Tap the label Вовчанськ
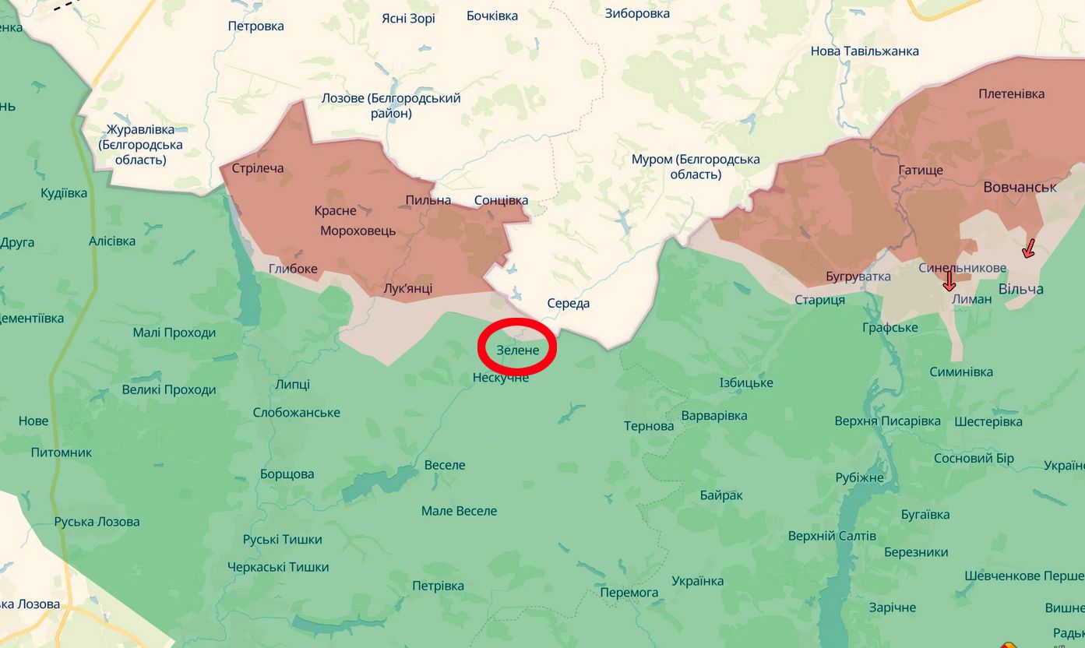(1020, 187)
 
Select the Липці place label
(292, 384)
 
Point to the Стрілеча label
(258, 168)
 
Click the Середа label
(568, 303)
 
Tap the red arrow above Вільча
(1028, 248)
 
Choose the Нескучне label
(501, 378)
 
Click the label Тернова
(649, 426)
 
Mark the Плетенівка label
(1011, 93)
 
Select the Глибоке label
(293, 269)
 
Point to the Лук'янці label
(408, 289)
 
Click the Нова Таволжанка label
(865, 51)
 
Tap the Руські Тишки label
(282, 539)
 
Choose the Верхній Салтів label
(832, 536)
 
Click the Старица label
(819, 300)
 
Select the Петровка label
(255, 26)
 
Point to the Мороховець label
(358, 231)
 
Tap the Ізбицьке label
(746, 382)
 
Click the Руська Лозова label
(97, 522)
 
